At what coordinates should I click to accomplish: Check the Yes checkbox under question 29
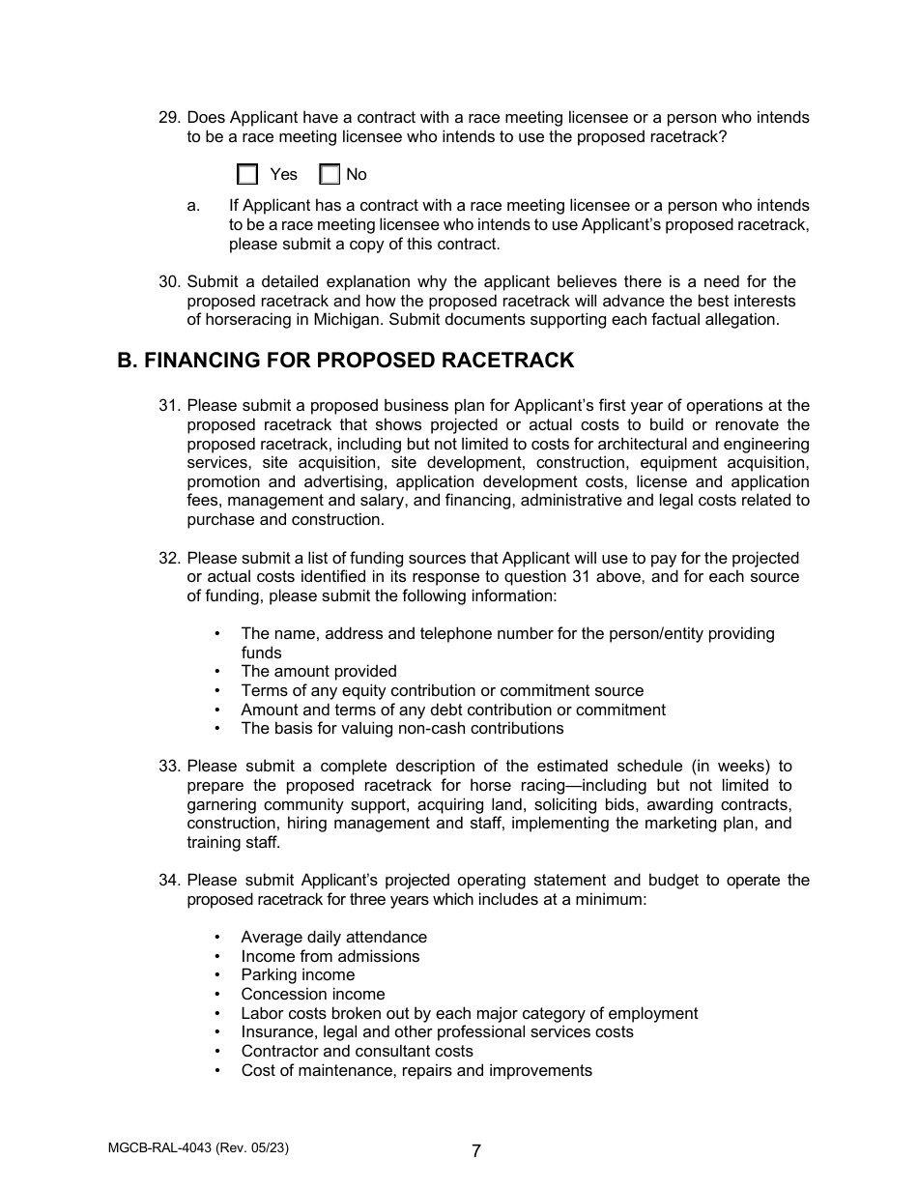point(248,175)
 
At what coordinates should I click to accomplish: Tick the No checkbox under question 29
point(330,175)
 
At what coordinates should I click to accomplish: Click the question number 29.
point(169,118)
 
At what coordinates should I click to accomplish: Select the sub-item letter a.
point(193,206)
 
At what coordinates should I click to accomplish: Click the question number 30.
point(169,282)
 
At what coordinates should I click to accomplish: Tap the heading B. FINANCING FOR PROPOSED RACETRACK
point(345,361)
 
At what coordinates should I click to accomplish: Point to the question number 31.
point(169,406)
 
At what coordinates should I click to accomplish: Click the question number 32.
point(169,559)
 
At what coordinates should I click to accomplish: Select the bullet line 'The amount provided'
point(319,672)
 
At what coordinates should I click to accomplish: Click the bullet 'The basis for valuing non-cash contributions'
point(402,729)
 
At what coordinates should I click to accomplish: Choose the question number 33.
point(169,767)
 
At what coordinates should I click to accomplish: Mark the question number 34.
point(169,881)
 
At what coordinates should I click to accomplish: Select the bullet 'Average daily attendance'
point(333,938)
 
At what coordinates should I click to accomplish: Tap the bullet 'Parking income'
point(298,975)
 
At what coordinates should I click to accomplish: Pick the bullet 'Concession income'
point(313,995)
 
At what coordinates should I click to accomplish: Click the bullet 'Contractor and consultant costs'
point(358,1052)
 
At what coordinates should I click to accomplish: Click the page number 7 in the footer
point(476,1151)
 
